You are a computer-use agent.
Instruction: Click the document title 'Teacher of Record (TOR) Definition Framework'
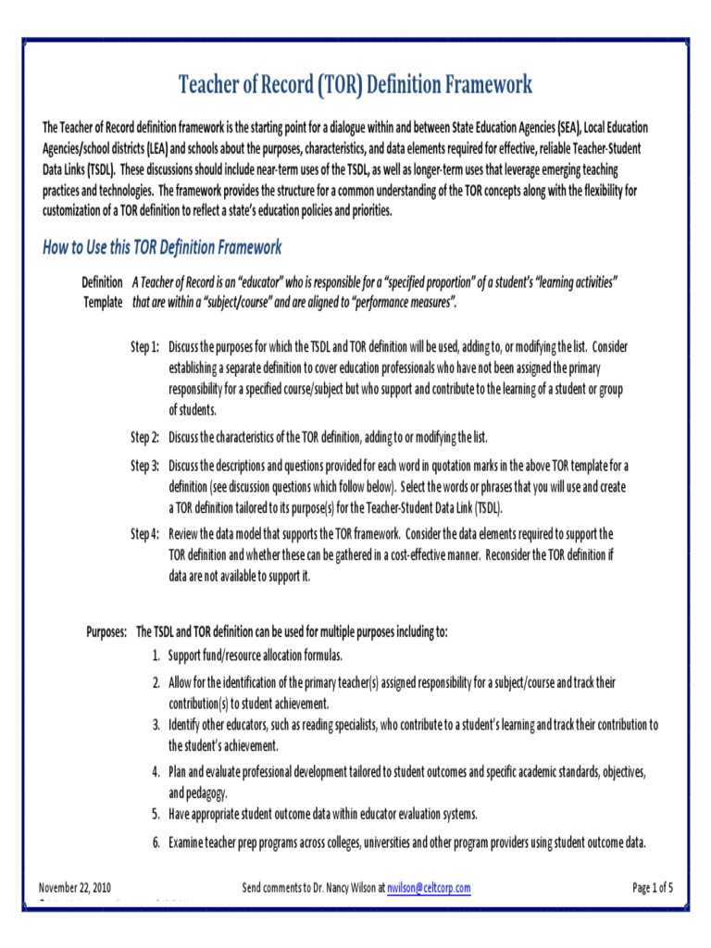pyautogui.click(x=355, y=86)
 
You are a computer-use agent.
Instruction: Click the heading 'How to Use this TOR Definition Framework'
pyautogui.click(x=162, y=247)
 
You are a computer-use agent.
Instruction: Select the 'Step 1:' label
pyautogui.click(x=144, y=347)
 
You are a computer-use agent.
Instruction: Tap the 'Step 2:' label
pyautogui.click(x=144, y=437)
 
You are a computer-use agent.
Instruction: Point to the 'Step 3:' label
pyautogui.click(x=144, y=466)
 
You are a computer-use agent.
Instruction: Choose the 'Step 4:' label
pyautogui.click(x=144, y=534)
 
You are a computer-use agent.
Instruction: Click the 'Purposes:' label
pyautogui.click(x=106, y=631)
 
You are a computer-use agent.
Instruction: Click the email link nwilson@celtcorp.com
pyautogui.click(x=429, y=888)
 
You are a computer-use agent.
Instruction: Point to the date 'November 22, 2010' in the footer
pyautogui.click(x=75, y=888)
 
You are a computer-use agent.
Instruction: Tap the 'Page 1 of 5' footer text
pyautogui.click(x=652, y=888)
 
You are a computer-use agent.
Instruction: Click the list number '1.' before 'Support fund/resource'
pyautogui.click(x=156, y=655)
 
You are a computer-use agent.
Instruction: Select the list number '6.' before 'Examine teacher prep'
pyautogui.click(x=156, y=842)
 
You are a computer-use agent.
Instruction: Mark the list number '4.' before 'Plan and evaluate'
pyautogui.click(x=156, y=771)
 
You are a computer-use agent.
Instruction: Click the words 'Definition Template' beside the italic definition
pyautogui.click(x=102, y=292)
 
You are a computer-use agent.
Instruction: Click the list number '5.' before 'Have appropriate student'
pyautogui.click(x=156, y=814)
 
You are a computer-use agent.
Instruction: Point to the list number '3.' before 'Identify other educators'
pyautogui.click(x=156, y=724)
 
